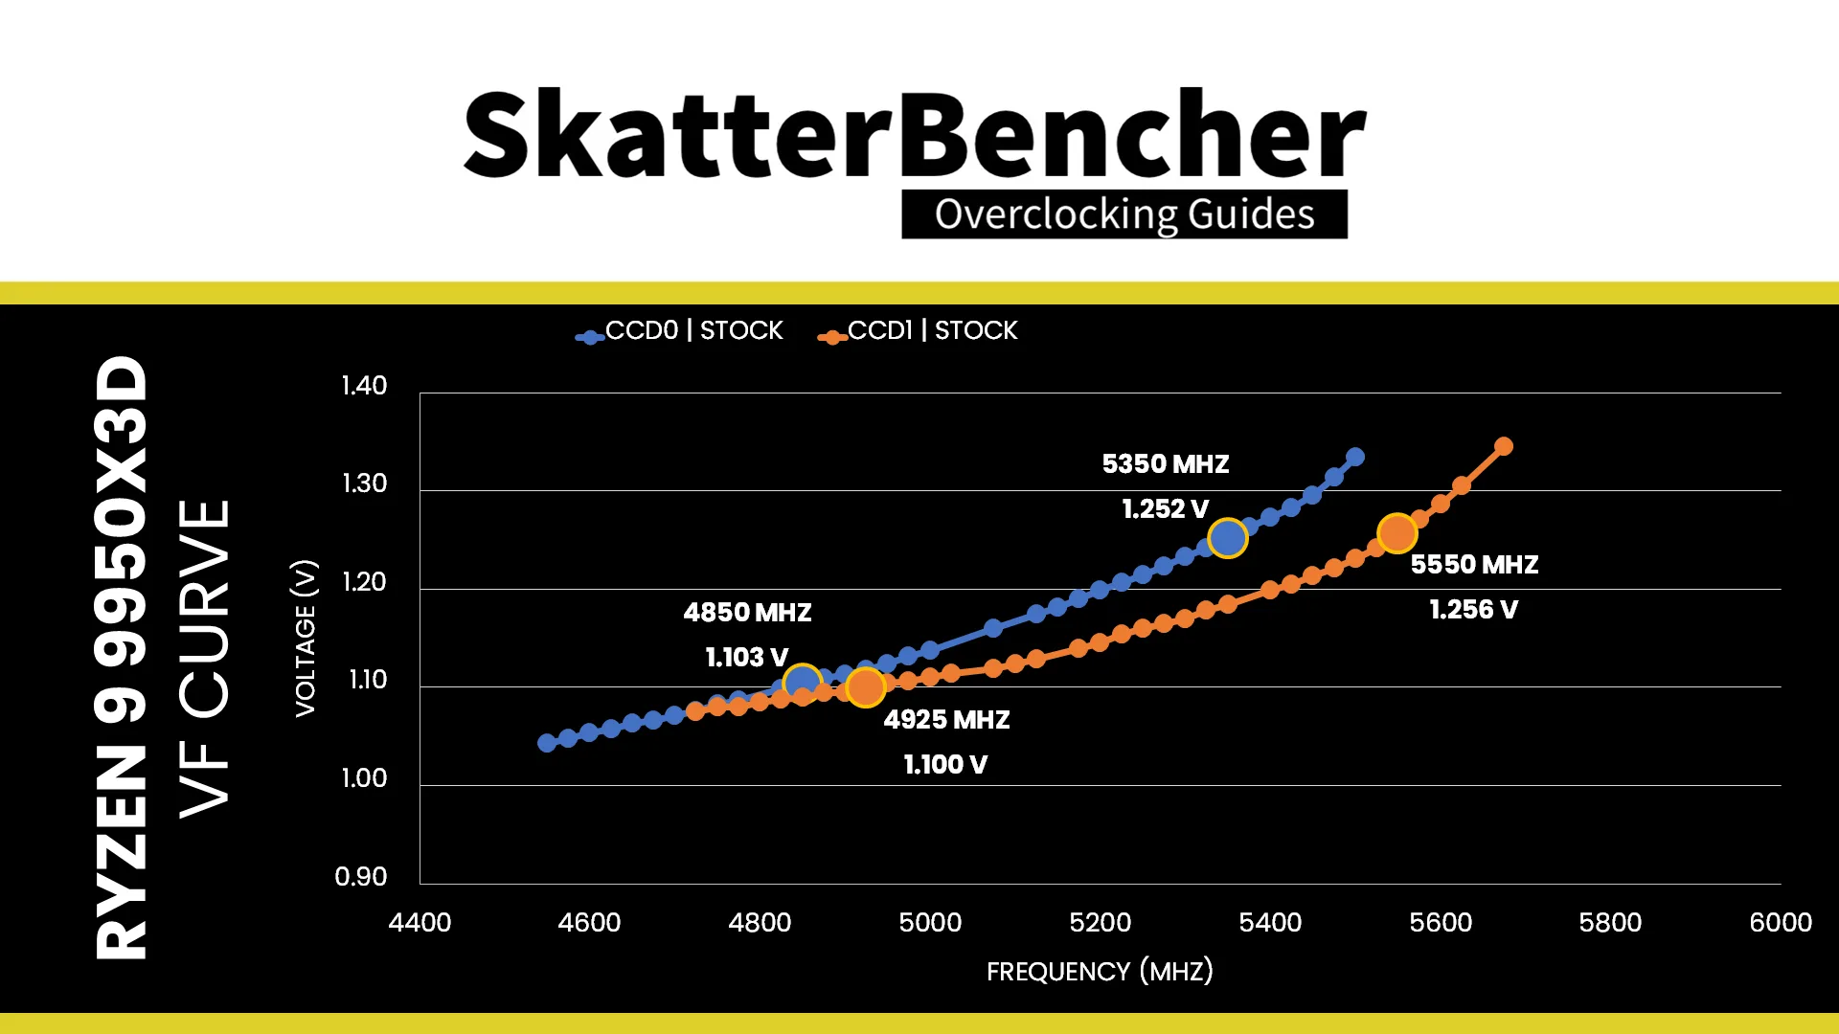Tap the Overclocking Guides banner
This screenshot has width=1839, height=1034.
point(1124,214)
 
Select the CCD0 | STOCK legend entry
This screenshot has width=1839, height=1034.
point(679,331)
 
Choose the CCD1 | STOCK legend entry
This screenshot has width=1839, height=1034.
point(918,331)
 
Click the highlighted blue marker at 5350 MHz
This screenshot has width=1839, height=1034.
point(1228,538)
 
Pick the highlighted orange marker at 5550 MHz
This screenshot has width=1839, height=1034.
point(1397,533)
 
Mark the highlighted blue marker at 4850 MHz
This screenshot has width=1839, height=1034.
point(802,684)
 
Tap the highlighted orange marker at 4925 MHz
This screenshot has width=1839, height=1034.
point(866,686)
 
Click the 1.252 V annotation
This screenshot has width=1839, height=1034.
point(1166,508)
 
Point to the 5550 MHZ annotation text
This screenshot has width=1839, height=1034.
point(1474,564)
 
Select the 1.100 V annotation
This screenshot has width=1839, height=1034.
point(945,764)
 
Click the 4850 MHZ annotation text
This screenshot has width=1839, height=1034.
point(747,612)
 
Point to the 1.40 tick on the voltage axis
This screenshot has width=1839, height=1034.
point(364,386)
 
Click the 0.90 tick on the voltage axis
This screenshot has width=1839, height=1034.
point(361,876)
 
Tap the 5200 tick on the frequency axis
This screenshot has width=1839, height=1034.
point(1100,922)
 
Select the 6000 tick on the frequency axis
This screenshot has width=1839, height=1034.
point(1781,922)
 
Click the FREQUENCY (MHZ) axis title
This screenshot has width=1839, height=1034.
point(1100,971)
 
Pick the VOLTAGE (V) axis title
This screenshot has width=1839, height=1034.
point(306,638)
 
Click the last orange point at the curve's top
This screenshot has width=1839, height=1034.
point(1504,446)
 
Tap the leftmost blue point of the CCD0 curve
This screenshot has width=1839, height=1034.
point(547,743)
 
